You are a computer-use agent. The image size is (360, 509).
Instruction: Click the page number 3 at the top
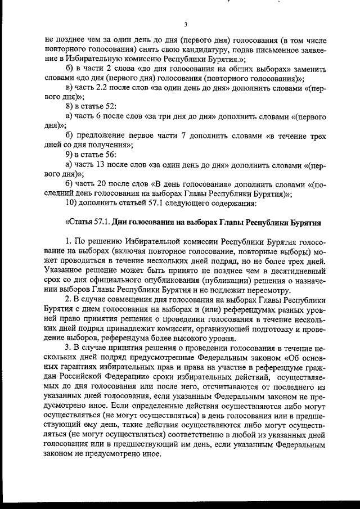click(185, 25)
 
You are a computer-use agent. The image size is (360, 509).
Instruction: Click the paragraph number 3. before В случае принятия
click(69, 348)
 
